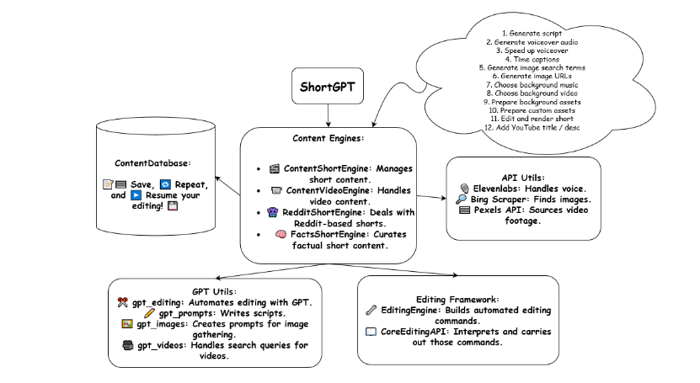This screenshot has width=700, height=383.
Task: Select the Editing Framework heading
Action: pyautogui.click(x=457, y=299)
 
